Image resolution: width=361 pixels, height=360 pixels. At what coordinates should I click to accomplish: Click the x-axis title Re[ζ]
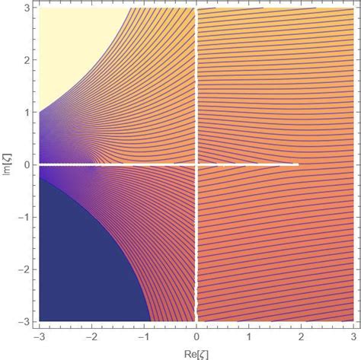pyautogui.click(x=196, y=351)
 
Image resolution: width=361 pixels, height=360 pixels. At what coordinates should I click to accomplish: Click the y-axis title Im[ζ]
pyautogui.click(x=7, y=164)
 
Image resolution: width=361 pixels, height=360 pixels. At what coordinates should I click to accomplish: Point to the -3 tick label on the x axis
pyautogui.click(x=37, y=334)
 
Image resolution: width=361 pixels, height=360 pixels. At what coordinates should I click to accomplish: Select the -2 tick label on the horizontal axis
pyautogui.click(x=91, y=334)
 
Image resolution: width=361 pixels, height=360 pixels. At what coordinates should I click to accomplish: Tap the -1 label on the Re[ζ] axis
pyautogui.click(x=143, y=334)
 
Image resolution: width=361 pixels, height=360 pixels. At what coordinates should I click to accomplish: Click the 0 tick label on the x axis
pyautogui.click(x=196, y=334)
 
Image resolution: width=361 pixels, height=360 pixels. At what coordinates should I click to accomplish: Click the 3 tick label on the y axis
pyautogui.click(x=25, y=8)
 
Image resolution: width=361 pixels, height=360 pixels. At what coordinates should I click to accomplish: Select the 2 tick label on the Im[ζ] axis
pyautogui.click(x=25, y=60)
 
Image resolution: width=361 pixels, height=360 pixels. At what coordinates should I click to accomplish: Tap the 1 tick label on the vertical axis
pyautogui.click(x=25, y=112)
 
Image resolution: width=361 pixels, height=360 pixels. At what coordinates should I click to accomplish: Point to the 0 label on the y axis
pyautogui.click(x=25, y=164)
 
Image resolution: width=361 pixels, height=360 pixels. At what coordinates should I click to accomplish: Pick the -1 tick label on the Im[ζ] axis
pyautogui.click(x=22, y=217)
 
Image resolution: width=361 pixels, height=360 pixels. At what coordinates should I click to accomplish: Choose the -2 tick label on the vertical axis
pyautogui.click(x=22, y=269)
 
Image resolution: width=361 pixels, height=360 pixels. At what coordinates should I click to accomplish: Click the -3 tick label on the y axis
pyautogui.click(x=22, y=320)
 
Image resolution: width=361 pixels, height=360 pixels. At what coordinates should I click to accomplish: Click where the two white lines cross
pyautogui.click(x=196, y=164)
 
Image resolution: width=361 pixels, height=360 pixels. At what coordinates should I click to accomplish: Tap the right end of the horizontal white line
pyautogui.click(x=297, y=164)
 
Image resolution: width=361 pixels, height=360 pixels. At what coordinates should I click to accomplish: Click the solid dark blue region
pyautogui.click(x=76, y=282)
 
